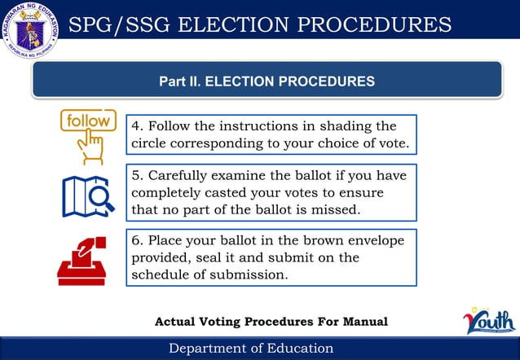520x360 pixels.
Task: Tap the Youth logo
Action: (x=490, y=320)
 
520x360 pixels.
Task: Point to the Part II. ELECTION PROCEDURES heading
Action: (x=267, y=81)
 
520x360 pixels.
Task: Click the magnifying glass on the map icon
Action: (x=99, y=196)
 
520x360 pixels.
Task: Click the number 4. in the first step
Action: (x=138, y=126)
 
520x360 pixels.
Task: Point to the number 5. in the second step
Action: (x=138, y=175)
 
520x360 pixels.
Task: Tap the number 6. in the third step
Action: (x=138, y=240)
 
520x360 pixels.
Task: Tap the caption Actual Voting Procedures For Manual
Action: (x=271, y=323)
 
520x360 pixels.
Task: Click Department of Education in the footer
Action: (x=251, y=349)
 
